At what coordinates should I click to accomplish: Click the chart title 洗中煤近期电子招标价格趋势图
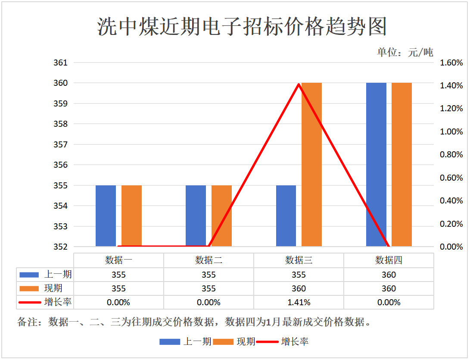pyautogui.click(x=242, y=27)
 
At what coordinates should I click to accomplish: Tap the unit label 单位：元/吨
pyautogui.click(x=405, y=53)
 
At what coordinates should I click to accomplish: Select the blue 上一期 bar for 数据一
pyautogui.click(x=106, y=216)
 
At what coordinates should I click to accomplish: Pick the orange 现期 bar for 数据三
pyautogui.click(x=311, y=164)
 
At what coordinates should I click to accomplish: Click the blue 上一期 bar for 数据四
pyautogui.click(x=376, y=164)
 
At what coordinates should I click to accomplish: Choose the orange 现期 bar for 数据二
pyautogui.click(x=221, y=216)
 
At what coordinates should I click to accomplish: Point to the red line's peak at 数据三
pyautogui.click(x=299, y=84)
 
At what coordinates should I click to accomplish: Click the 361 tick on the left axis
pyautogui.click(x=60, y=63)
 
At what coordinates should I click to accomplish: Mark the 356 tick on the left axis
pyautogui.click(x=60, y=165)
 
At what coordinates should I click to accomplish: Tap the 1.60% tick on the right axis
pyautogui.click(x=451, y=63)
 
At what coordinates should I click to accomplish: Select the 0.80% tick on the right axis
pyautogui.click(x=451, y=155)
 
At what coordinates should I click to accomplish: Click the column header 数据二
pyautogui.click(x=209, y=260)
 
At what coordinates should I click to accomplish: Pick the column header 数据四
pyautogui.click(x=389, y=260)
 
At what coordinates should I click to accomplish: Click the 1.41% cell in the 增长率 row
pyautogui.click(x=299, y=302)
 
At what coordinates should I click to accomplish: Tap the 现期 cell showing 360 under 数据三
pyautogui.click(x=299, y=288)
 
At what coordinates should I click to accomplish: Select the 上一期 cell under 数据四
pyautogui.click(x=389, y=275)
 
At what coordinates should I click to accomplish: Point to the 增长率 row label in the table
pyautogui.click(x=58, y=302)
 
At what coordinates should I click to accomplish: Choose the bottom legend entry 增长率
pyautogui.click(x=295, y=342)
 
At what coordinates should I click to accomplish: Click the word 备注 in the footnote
pyautogui.click(x=27, y=322)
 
